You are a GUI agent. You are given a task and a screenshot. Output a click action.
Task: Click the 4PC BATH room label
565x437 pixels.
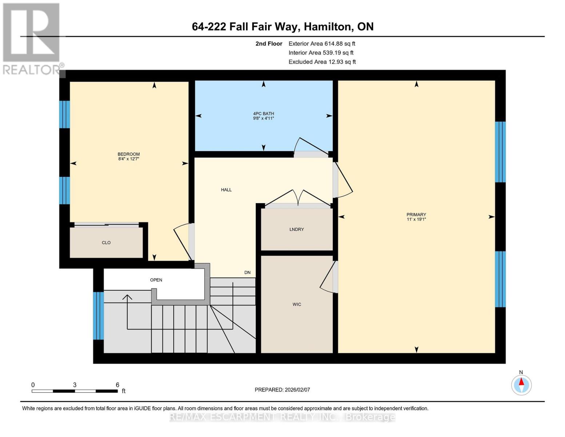point(263,114)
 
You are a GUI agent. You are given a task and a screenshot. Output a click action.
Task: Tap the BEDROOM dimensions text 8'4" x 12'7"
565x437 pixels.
point(129,159)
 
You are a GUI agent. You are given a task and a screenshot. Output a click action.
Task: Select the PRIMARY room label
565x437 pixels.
point(416,214)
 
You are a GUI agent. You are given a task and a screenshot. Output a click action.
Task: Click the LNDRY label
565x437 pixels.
point(297,229)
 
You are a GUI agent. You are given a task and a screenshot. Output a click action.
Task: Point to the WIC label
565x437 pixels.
point(297,304)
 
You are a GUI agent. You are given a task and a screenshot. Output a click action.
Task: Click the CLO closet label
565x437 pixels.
point(106,243)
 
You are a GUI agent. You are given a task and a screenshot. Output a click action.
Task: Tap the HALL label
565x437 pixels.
point(226,190)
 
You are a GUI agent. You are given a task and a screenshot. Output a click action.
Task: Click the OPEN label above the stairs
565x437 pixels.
point(156,280)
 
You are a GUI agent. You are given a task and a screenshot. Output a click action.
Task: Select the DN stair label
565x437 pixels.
point(247,272)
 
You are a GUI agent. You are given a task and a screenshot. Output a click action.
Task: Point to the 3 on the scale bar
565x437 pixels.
point(75,385)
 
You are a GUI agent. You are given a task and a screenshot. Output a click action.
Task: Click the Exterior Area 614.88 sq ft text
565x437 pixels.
point(322,43)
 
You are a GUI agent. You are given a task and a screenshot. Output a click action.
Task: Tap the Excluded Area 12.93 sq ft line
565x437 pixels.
point(322,62)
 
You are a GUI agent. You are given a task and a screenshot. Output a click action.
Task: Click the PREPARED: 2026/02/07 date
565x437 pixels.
point(282,390)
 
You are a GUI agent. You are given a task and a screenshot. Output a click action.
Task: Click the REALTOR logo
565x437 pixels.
point(31,38)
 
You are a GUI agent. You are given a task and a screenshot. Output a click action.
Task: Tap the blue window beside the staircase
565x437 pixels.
point(98,315)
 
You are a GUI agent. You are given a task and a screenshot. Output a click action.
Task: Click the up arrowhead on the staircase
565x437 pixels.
point(127,297)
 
